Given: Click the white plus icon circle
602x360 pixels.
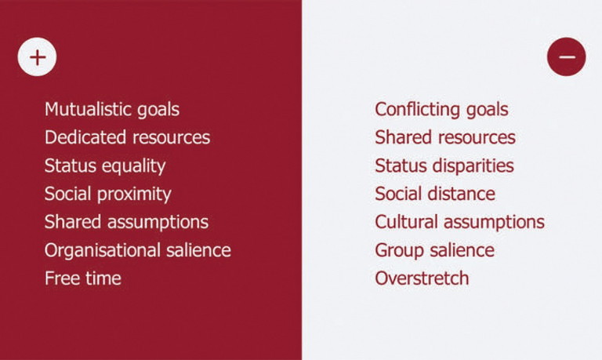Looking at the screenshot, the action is (x=38, y=56).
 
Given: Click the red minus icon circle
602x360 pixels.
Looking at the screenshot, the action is (x=566, y=56).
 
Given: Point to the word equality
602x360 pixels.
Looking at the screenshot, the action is (x=134, y=167).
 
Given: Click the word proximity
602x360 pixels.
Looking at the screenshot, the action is (x=134, y=195).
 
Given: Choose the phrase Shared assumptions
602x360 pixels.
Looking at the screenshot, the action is (x=126, y=223).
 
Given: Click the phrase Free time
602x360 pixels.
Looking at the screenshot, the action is (x=83, y=278).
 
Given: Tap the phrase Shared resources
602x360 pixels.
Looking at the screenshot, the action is (x=445, y=137).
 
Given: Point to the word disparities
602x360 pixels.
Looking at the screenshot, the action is (x=473, y=167).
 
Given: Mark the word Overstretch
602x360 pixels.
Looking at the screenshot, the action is (x=422, y=278).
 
